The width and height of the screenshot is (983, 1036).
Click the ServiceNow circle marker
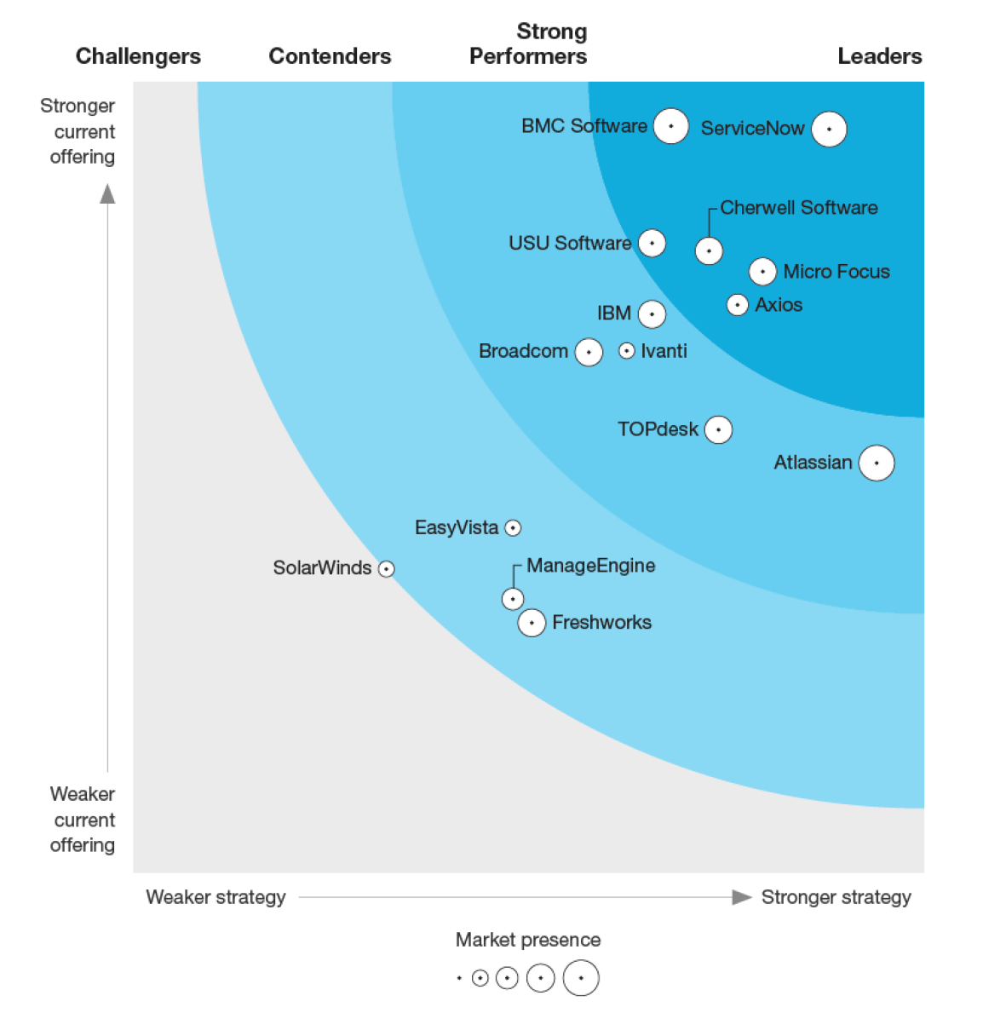point(829,129)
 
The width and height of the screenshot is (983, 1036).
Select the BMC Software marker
point(671,126)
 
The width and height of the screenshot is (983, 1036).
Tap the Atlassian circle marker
point(877,463)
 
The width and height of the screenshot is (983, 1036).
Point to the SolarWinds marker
point(386,569)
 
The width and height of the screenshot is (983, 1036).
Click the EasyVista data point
point(513,528)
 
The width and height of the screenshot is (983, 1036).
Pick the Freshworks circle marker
point(532,623)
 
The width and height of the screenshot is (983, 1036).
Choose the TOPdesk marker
point(718,430)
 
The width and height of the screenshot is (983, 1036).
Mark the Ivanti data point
point(626,351)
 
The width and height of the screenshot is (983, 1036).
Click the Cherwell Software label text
point(798,208)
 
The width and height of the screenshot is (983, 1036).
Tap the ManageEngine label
point(590,566)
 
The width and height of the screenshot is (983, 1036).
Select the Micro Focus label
point(836,272)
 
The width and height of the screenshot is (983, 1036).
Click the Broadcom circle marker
point(589,352)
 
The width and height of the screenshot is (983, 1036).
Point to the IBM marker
point(652,314)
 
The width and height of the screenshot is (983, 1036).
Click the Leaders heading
point(879,56)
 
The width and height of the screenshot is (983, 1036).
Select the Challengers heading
point(138,56)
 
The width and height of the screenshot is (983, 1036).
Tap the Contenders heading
point(330,56)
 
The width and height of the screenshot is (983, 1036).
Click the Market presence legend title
point(527,940)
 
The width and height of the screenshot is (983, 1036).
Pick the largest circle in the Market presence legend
point(581,978)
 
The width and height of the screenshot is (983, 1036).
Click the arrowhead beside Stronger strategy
point(742,897)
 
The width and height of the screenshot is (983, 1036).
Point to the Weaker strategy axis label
point(216,897)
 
